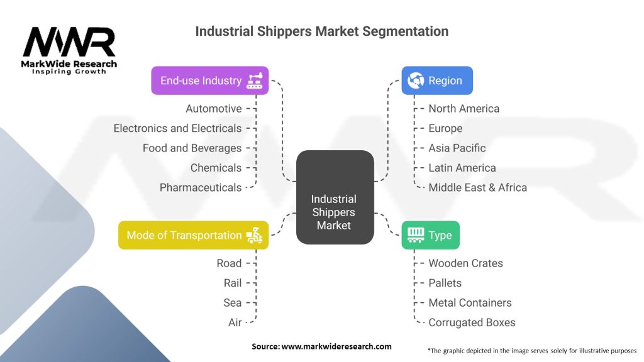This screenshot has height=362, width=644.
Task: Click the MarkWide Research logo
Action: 69,50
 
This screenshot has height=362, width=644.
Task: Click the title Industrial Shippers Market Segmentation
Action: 321,31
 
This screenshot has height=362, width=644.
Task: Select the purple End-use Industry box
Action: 209,80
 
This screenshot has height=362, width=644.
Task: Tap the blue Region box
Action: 437,80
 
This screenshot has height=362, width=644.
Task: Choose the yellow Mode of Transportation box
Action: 193,235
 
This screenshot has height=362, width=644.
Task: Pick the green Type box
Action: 430,235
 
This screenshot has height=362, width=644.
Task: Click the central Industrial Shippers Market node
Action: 334,197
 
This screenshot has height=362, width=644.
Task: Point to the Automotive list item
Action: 213,109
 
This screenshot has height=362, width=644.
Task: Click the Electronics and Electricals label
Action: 177,128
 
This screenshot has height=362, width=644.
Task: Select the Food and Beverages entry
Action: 192,148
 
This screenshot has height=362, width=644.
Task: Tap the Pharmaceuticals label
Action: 200,187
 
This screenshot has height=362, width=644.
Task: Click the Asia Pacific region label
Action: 457,148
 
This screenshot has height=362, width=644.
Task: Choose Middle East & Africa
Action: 477,187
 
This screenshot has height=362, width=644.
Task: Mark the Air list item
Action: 235,322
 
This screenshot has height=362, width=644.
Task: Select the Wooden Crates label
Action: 465,263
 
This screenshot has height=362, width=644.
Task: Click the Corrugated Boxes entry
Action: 472,322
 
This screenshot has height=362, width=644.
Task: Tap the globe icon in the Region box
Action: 416,80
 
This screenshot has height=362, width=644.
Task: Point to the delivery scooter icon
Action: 255,235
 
